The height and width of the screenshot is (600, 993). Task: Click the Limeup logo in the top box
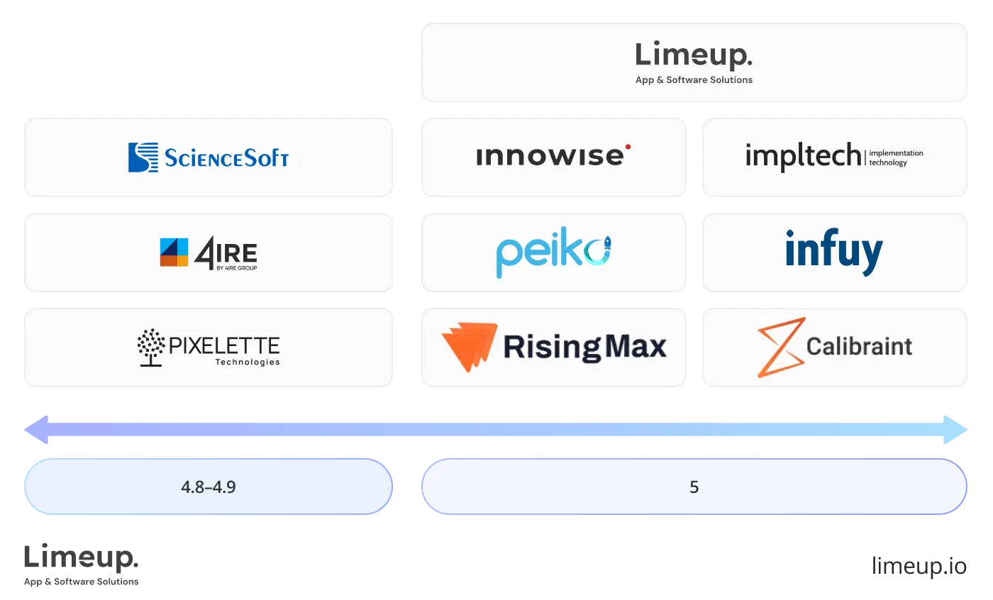pyautogui.click(x=693, y=55)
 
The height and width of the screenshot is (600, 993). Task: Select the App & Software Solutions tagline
pyautogui.click(x=694, y=80)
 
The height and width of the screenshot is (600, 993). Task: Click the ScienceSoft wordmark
pyautogui.click(x=227, y=157)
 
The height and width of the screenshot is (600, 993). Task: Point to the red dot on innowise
pyautogui.click(x=627, y=148)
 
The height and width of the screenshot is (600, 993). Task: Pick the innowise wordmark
pyautogui.click(x=550, y=157)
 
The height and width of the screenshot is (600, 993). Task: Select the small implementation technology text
pyautogui.click(x=896, y=157)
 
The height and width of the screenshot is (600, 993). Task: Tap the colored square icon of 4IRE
pyautogui.click(x=174, y=252)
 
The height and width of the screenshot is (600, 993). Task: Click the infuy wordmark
pyautogui.click(x=834, y=252)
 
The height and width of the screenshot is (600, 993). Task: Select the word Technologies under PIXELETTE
pyautogui.click(x=247, y=362)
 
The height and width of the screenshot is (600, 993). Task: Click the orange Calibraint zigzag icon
pyautogui.click(x=780, y=346)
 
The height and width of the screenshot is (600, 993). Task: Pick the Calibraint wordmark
pyautogui.click(x=859, y=347)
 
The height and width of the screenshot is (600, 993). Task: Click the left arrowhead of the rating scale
pyautogui.click(x=37, y=430)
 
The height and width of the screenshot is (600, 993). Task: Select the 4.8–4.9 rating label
pyautogui.click(x=208, y=487)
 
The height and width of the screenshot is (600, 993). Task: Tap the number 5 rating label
pyautogui.click(x=694, y=487)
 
